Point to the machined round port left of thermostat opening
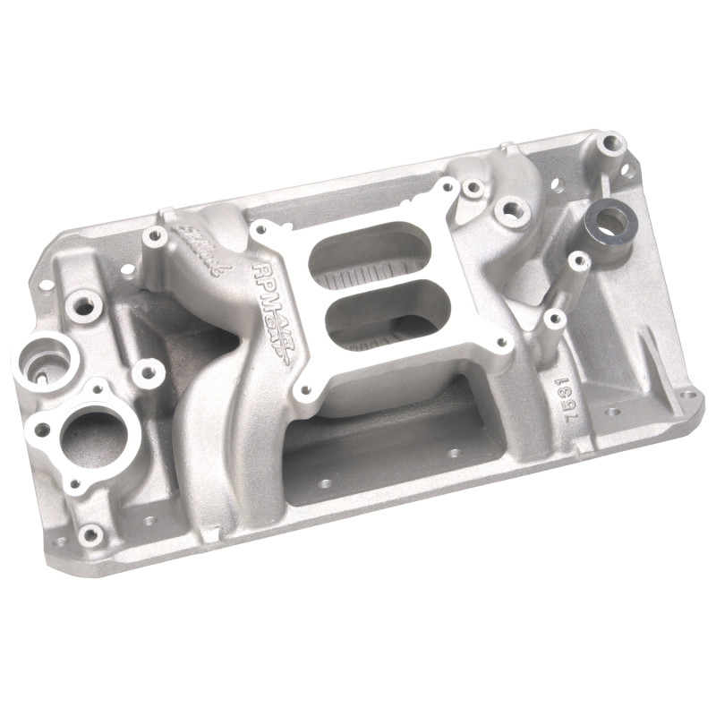(46, 362)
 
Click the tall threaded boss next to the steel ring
(611, 142)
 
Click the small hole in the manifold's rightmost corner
(689, 394)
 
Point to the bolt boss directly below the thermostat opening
(89, 535)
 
